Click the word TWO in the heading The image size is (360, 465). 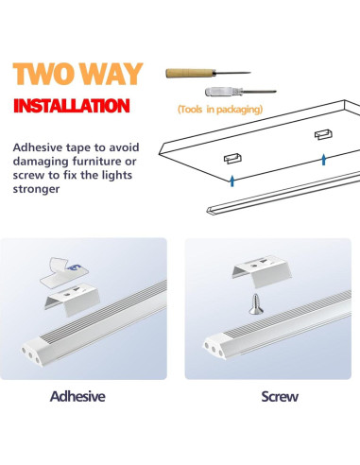47,73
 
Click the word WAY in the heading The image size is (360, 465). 111,73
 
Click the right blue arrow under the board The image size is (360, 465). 323,160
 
